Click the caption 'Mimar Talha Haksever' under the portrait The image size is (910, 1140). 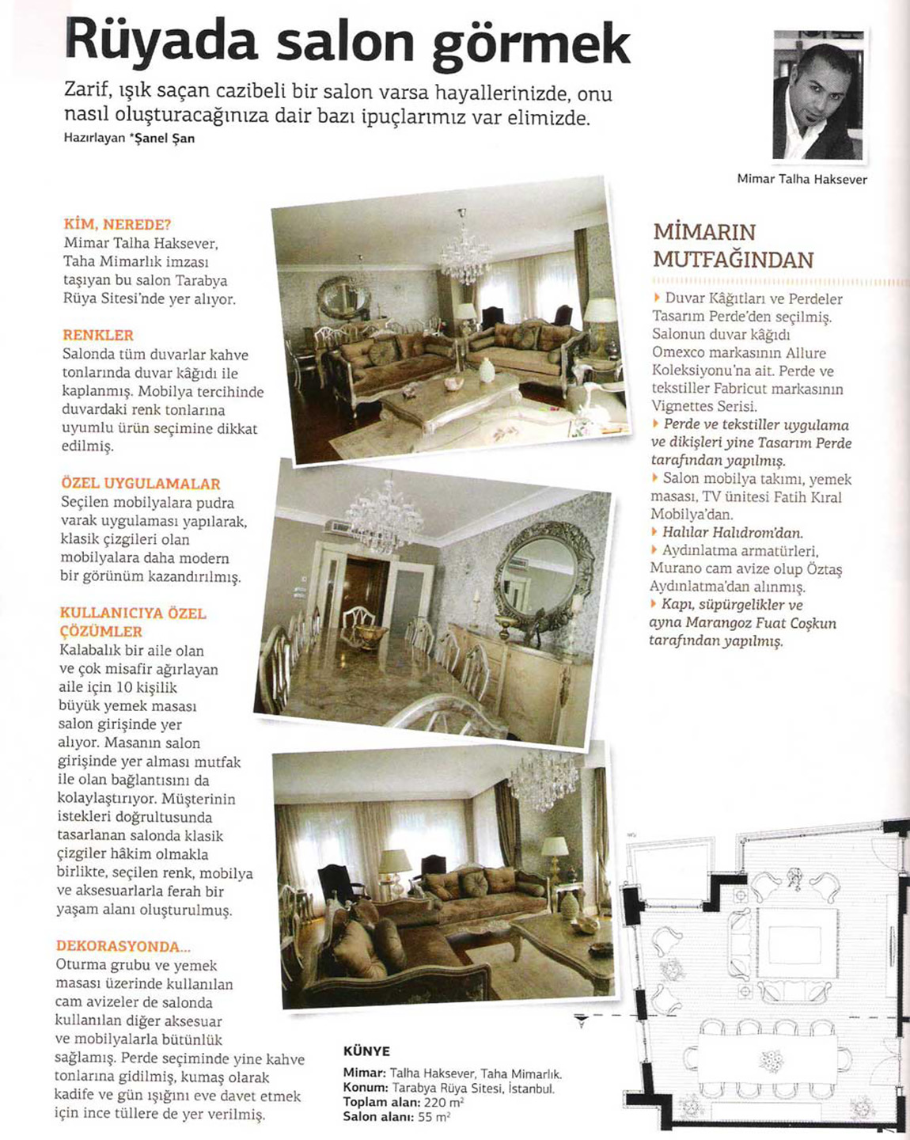tap(802, 180)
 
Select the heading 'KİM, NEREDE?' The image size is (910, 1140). tap(118, 225)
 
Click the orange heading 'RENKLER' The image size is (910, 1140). tap(98, 336)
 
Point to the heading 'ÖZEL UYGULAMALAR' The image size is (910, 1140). tap(141, 484)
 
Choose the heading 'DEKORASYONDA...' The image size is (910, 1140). tap(123, 947)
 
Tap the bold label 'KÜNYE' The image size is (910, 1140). tap(366, 1051)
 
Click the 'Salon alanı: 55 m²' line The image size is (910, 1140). tap(396, 1117)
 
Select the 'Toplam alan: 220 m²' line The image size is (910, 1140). tap(403, 1103)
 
